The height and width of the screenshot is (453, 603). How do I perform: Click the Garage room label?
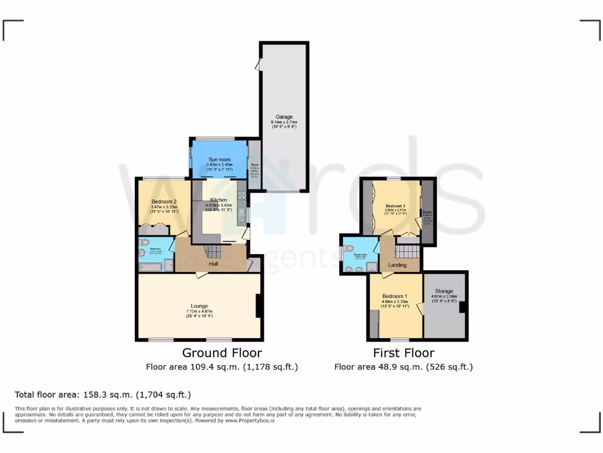284,117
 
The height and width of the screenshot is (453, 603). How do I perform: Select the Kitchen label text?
218,200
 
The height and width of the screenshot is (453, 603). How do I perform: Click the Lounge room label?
198,306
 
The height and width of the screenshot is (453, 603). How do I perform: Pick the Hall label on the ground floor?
213,264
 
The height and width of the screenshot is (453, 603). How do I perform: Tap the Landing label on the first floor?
397,265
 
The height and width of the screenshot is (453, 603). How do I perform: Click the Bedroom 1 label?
395,296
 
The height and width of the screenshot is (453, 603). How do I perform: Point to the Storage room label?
444,291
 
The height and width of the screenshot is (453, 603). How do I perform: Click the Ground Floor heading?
222,353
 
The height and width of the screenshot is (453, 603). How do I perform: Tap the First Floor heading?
403,353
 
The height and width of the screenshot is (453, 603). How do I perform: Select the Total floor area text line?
102,395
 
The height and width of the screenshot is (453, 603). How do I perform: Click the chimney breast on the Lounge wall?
259,306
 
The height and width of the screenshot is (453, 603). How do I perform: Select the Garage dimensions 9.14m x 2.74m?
284,122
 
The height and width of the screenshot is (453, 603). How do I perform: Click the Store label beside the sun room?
254,165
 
